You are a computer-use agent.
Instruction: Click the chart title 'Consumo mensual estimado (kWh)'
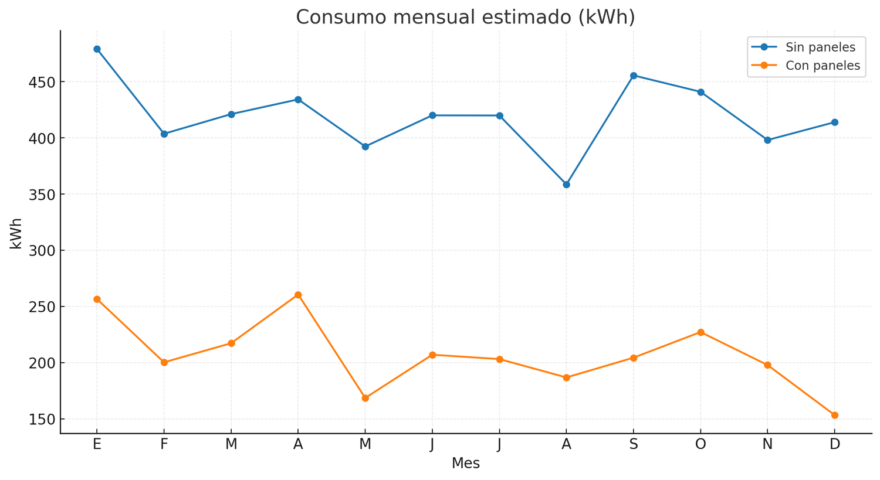pyautogui.click(x=465, y=17)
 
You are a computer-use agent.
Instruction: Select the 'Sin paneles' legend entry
pyautogui.click(x=820, y=47)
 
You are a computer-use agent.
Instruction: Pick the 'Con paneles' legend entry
pyautogui.click(x=823, y=66)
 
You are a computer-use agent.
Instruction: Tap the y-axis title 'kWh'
pyautogui.click(x=16, y=233)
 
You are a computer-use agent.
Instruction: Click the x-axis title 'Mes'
pyautogui.click(x=465, y=464)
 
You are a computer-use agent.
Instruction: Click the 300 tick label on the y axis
pyautogui.click(x=42, y=251)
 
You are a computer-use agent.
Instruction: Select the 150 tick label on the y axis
pyautogui.click(x=42, y=420)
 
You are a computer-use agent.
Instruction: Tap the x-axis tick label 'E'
pyautogui.click(x=97, y=445)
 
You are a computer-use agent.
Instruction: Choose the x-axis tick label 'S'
pyautogui.click(x=634, y=445)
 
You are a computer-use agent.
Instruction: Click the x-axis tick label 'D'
pyautogui.click(x=835, y=445)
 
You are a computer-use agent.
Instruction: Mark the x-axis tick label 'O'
pyautogui.click(x=700, y=445)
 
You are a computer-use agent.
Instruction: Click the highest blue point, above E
pyautogui.click(x=97, y=49)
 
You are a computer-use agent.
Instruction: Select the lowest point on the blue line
pyautogui.click(x=566, y=185)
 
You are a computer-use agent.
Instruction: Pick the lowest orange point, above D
pyautogui.click(x=835, y=415)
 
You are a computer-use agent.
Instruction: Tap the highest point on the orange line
pyautogui.click(x=298, y=295)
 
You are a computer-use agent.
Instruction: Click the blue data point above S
pyautogui.click(x=634, y=76)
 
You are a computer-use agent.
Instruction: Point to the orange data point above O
pyautogui.click(x=700, y=332)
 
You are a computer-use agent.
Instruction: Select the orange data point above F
pyautogui.click(x=164, y=362)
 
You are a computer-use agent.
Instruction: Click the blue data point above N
pyautogui.click(x=767, y=140)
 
